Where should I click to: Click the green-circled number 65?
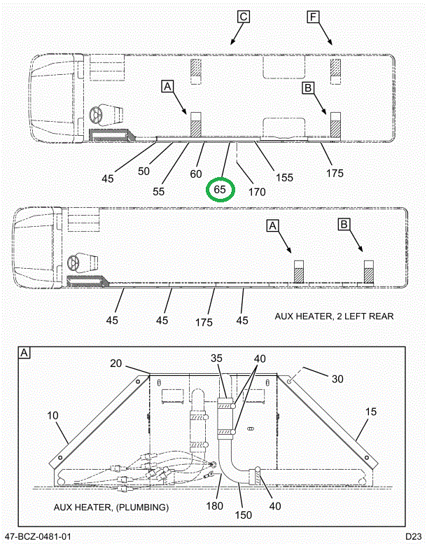point(220,190)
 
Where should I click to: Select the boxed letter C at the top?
point(243,17)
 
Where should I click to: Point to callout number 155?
point(283,177)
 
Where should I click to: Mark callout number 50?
point(144,171)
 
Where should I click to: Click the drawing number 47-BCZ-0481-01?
point(37,536)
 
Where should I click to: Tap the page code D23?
point(414,536)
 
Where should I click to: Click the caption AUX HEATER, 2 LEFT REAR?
point(334,316)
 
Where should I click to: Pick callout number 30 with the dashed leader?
point(337,378)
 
